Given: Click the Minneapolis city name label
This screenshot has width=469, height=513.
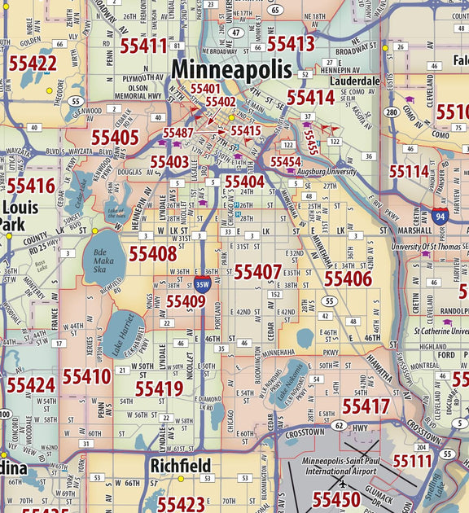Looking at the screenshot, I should (x=230, y=70).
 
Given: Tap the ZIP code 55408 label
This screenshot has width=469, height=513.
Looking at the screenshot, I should (x=152, y=254).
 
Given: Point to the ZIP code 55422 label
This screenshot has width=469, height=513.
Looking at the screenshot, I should (x=33, y=64).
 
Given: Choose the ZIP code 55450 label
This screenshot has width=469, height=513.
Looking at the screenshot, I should (x=336, y=499).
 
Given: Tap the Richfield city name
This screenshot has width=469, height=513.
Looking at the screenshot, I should (x=180, y=466).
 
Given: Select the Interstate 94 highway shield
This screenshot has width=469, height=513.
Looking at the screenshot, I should (x=441, y=216).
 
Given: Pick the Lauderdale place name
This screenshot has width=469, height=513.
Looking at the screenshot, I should (x=355, y=81).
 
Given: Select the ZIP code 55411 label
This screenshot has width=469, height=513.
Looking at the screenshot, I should (x=144, y=46).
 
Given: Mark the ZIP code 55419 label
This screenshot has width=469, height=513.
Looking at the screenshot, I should (x=159, y=388).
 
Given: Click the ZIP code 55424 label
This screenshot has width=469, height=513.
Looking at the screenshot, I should (x=30, y=384).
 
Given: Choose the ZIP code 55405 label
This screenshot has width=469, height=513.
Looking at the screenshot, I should (x=115, y=138).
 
